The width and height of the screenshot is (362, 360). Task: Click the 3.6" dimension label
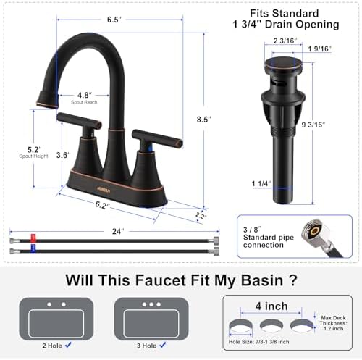(64, 154)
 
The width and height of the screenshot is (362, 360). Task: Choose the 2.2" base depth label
(201, 216)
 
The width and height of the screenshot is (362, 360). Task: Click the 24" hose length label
(119, 232)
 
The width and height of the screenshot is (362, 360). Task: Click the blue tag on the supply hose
(32, 251)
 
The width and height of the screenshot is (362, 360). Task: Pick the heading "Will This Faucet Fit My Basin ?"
(180, 280)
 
